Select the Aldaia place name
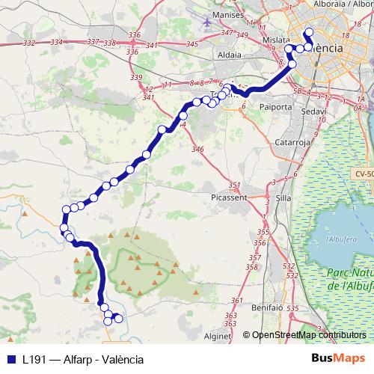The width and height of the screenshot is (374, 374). tap(227, 55)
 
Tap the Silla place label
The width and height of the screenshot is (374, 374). tap(283, 198)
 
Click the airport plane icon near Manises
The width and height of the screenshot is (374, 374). tap(206, 22)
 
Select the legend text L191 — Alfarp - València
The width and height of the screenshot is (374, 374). tap(82, 358)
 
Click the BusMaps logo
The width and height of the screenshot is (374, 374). tap(338, 358)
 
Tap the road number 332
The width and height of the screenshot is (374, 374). tap(30, 43)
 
